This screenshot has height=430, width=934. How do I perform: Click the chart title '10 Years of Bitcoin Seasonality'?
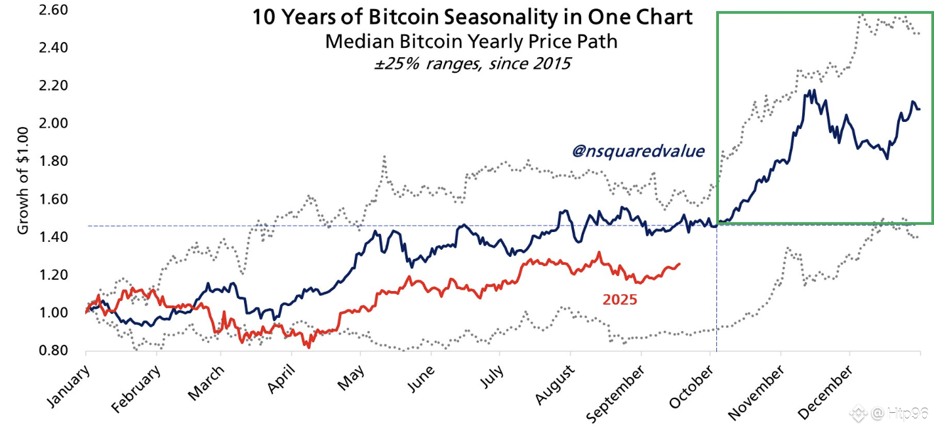click(472, 17)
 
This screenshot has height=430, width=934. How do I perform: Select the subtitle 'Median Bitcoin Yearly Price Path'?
click(472, 41)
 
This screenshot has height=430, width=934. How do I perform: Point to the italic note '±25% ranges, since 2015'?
click(472, 64)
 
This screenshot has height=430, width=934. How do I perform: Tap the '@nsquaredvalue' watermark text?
click(638, 151)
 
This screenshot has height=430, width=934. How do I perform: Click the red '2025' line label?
click(620, 300)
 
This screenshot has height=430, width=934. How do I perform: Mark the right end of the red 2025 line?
click(680, 264)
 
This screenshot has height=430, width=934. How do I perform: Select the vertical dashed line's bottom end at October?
click(716, 348)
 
